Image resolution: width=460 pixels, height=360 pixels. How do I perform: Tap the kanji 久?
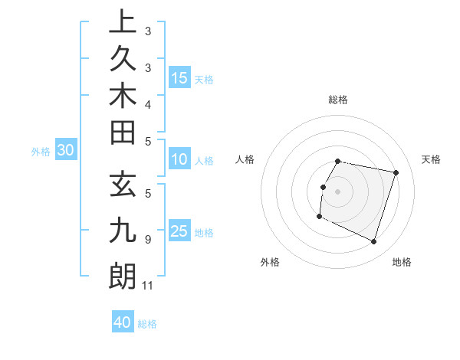click(123, 60)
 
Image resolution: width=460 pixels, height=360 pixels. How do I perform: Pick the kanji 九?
click(123, 231)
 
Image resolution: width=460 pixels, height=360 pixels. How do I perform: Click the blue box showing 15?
click(179, 77)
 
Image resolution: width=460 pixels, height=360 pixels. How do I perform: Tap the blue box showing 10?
click(179, 159)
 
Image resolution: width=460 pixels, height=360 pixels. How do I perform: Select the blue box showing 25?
click(179, 231)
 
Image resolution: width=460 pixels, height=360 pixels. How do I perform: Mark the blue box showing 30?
click(66, 151)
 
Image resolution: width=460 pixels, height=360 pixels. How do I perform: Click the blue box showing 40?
click(123, 322)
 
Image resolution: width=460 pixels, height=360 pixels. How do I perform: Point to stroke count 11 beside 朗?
click(148, 286)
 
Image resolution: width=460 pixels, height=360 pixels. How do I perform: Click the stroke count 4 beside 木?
click(148, 103)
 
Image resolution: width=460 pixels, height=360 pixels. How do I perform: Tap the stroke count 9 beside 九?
click(148, 239)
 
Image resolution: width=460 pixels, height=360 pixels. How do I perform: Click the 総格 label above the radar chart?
click(338, 100)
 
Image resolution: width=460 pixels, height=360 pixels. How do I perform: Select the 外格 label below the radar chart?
click(270, 262)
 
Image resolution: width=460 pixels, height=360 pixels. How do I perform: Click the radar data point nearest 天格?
click(396, 173)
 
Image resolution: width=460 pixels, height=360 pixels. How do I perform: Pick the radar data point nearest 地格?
click(373, 242)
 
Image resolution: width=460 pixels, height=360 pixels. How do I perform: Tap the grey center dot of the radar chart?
click(337, 191)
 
